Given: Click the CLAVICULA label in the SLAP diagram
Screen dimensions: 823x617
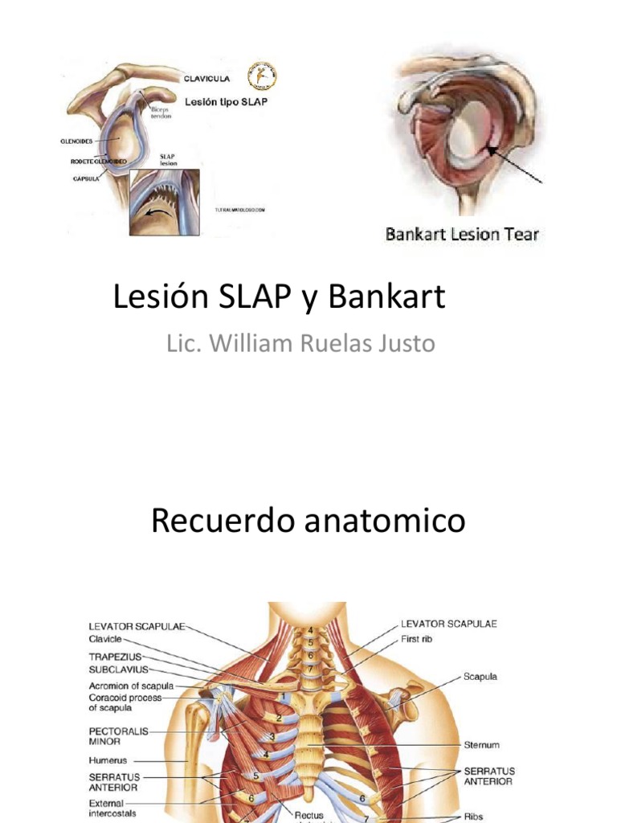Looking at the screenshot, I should tap(207, 79).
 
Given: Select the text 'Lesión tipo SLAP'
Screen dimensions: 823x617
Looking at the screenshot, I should tap(227, 103).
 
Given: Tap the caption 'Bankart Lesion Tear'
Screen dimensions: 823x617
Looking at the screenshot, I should tap(463, 235).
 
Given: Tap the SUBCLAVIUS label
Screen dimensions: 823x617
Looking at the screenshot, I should tap(118, 669).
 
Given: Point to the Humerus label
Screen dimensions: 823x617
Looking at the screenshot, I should tap(108, 760).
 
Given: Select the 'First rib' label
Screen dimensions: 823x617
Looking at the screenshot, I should tap(420, 639).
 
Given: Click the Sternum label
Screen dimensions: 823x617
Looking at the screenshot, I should tap(481, 744).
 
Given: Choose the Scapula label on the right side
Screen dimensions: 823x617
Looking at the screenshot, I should tap(480, 677).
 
